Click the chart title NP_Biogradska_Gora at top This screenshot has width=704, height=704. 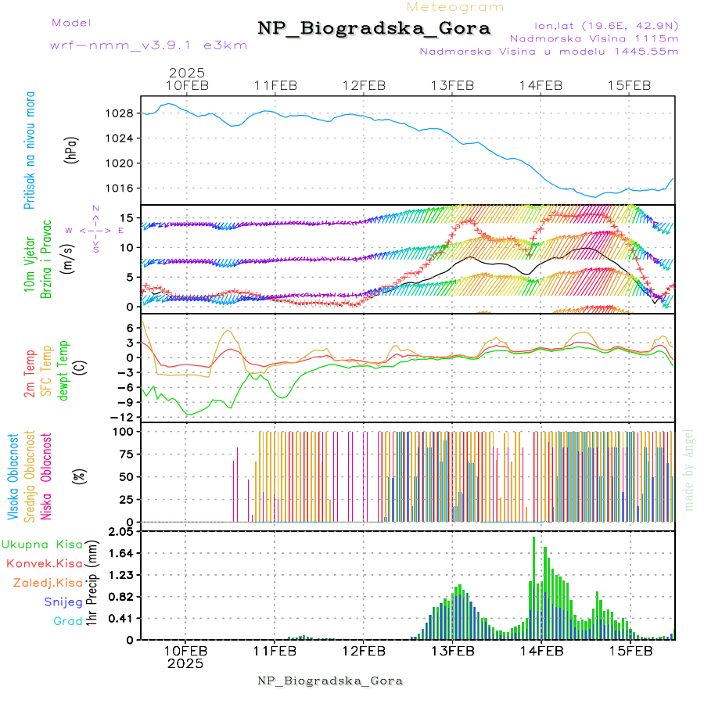click(374, 29)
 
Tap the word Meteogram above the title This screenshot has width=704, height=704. click(456, 7)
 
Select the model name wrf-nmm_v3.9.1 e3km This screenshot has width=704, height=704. click(148, 45)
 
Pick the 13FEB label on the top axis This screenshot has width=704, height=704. click(453, 86)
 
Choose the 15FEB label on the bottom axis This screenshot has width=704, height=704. click(630, 650)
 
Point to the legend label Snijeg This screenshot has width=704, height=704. click(63, 602)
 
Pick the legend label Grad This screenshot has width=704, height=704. click(67, 622)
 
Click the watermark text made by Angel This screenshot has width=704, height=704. click(689, 469)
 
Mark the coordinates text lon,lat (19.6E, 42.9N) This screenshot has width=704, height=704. click(606, 24)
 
